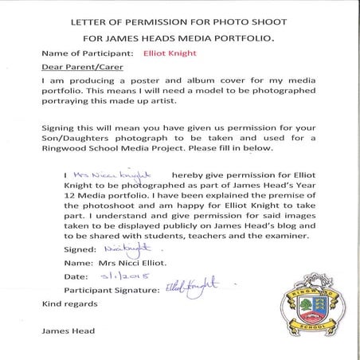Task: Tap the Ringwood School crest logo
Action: tap(314, 304)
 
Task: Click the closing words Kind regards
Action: tap(68, 303)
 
